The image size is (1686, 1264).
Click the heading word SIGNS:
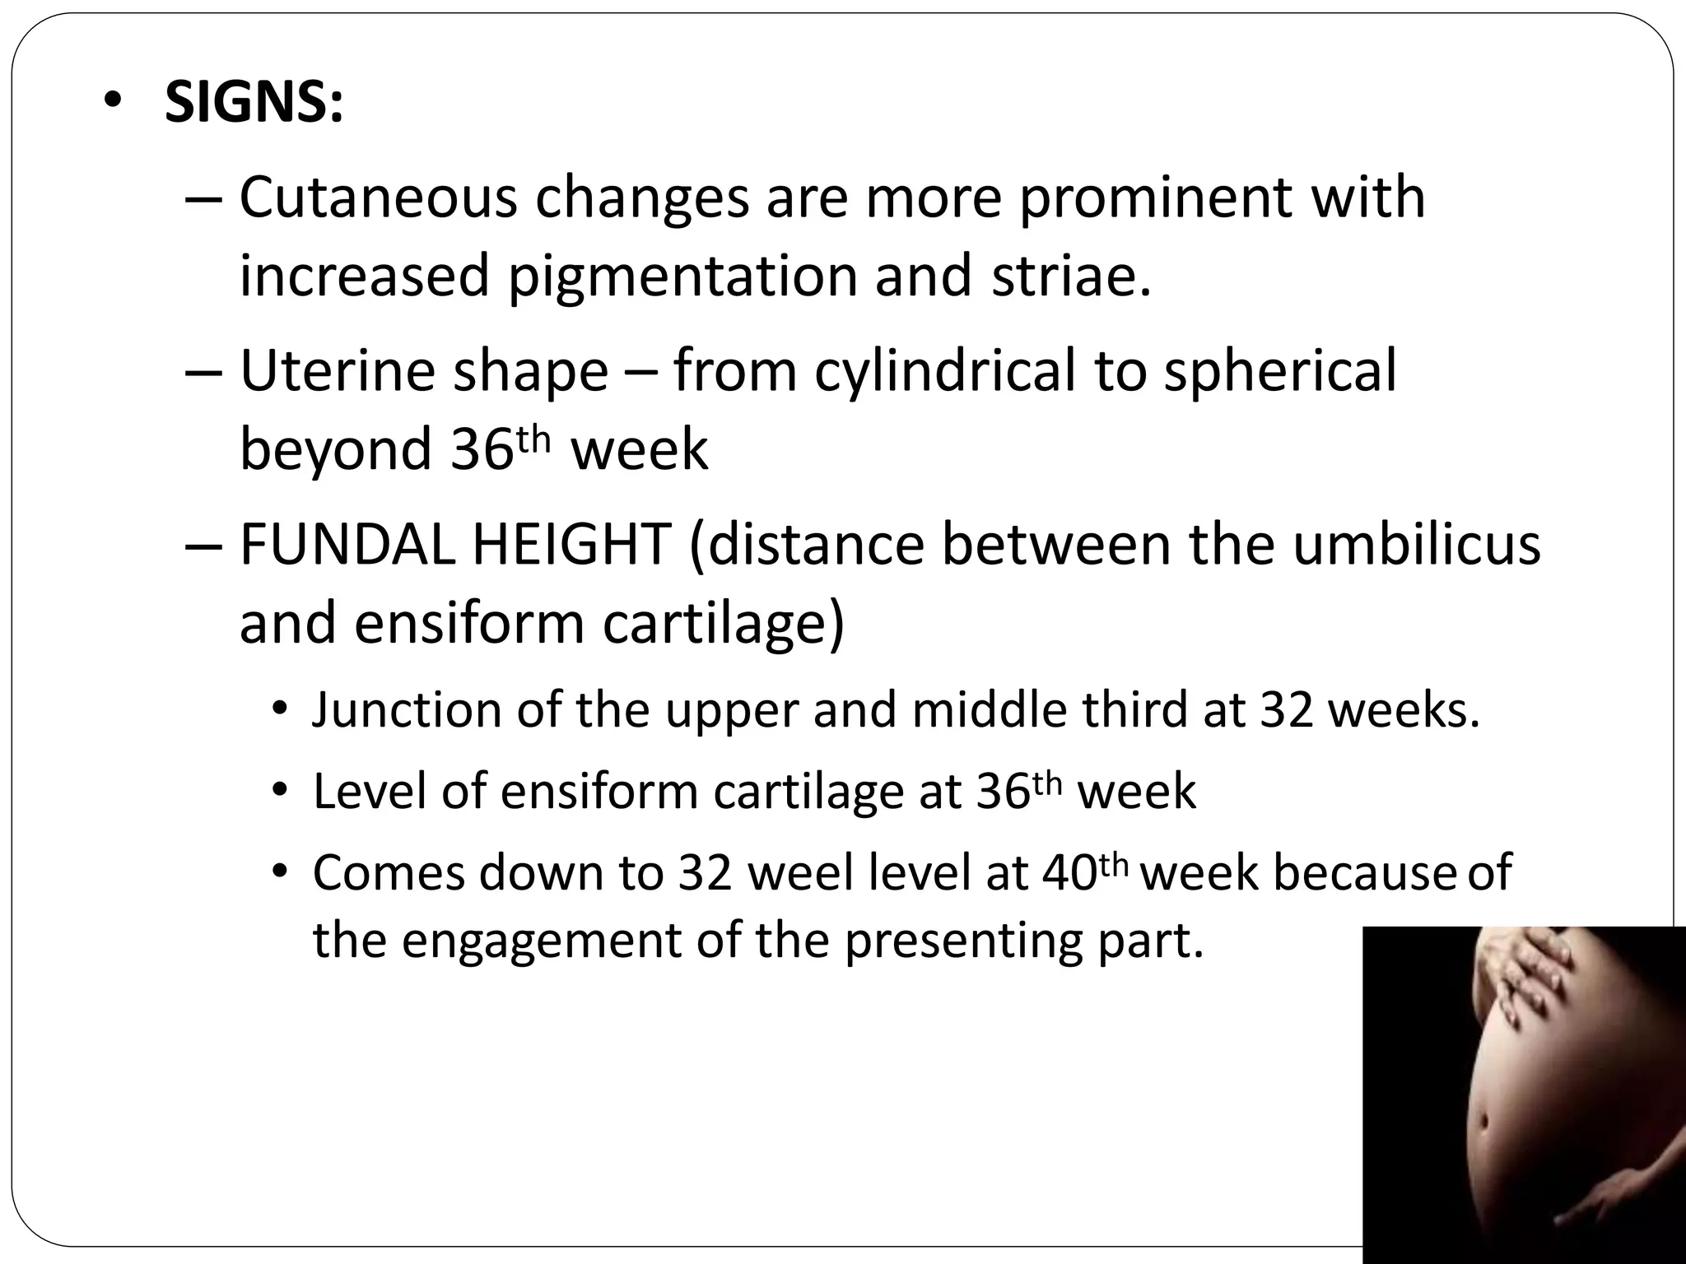(x=254, y=104)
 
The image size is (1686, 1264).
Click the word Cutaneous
(x=378, y=197)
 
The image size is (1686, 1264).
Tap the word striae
(x=1070, y=276)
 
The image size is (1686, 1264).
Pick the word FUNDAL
(x=347, y=545)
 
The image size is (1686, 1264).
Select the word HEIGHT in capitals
(x=572, y=545)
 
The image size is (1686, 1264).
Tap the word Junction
(x=407, y=709)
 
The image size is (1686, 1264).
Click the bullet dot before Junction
(x=280, y=709)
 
